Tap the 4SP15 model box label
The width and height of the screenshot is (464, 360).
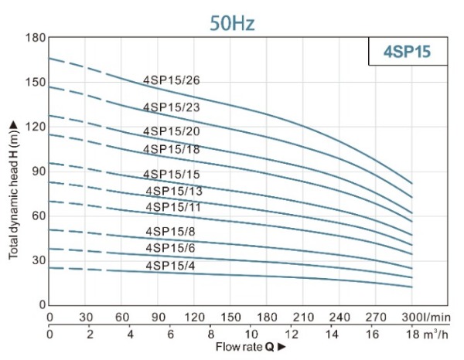pos(405,52)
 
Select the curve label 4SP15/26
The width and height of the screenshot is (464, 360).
pos(172,80)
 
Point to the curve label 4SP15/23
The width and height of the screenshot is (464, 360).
pos(172,107)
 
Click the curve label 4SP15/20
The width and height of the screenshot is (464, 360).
pos(172,131)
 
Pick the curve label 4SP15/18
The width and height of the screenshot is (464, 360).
pos(172,148)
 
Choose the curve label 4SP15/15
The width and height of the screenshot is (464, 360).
pos(172,174)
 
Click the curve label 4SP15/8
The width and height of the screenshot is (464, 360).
pos(171,232)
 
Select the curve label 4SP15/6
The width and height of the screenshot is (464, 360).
pos(171,248)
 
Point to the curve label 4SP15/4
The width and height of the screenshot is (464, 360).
pos(171,266)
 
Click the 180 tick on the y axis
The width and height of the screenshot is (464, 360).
pos(36,38)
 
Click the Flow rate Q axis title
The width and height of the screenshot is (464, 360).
pos(247,347)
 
